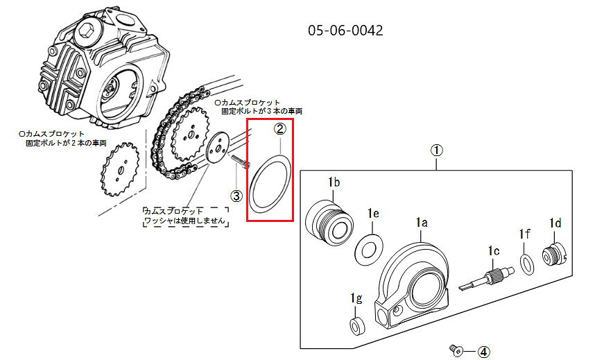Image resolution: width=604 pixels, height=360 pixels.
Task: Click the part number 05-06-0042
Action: pos(345,30)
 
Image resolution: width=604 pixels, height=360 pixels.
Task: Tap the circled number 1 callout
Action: pos(436,151)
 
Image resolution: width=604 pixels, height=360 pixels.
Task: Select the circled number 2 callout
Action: pos(280,129)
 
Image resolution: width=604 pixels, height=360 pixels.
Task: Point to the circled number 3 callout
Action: pos(236,196)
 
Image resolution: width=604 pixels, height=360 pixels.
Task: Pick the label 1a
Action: pos(422,223)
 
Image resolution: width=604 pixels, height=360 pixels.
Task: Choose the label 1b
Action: pos(334,182)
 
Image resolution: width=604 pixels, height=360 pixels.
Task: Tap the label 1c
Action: pos(494,251)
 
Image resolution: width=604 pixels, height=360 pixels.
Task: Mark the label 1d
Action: pos(555,223)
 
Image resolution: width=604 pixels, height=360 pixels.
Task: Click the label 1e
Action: pos(373,213)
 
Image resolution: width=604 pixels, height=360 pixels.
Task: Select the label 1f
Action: pos(524,234)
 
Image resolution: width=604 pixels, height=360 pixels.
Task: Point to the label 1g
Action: pos(356,298)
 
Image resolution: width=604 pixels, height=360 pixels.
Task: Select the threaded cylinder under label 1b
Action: pos(329,223)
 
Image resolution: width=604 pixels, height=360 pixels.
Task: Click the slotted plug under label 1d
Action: pos(555,255)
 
